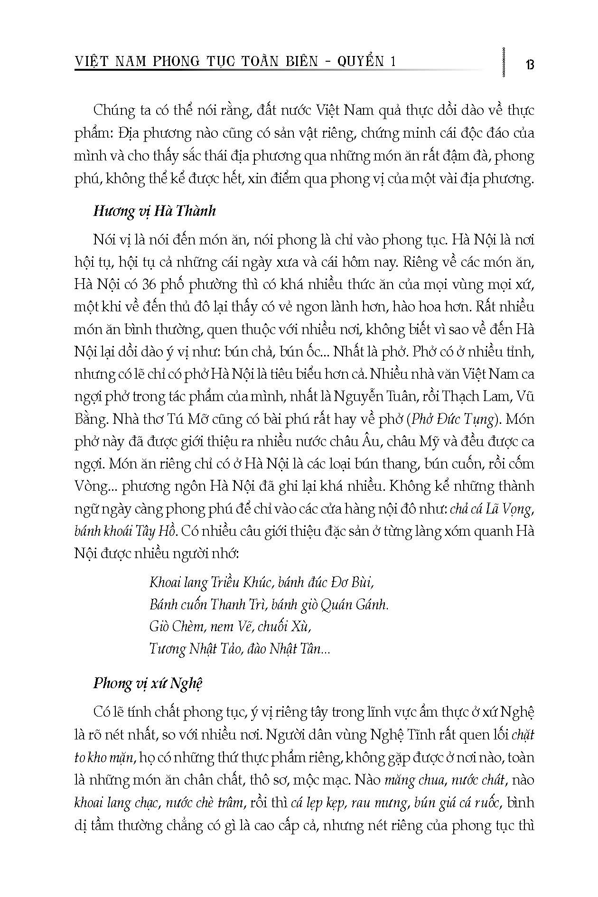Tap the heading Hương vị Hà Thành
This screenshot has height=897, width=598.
[154, 211]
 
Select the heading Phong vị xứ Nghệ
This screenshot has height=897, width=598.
[148, 683]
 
